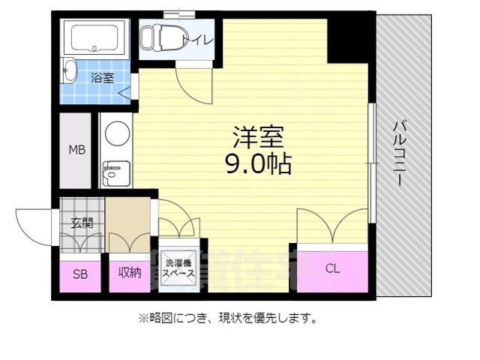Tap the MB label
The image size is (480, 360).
(x=77, y=150)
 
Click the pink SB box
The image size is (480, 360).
(x=79, y=274)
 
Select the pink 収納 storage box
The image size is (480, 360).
(x=128, y=274)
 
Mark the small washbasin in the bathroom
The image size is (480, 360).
(x=70, y=71)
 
